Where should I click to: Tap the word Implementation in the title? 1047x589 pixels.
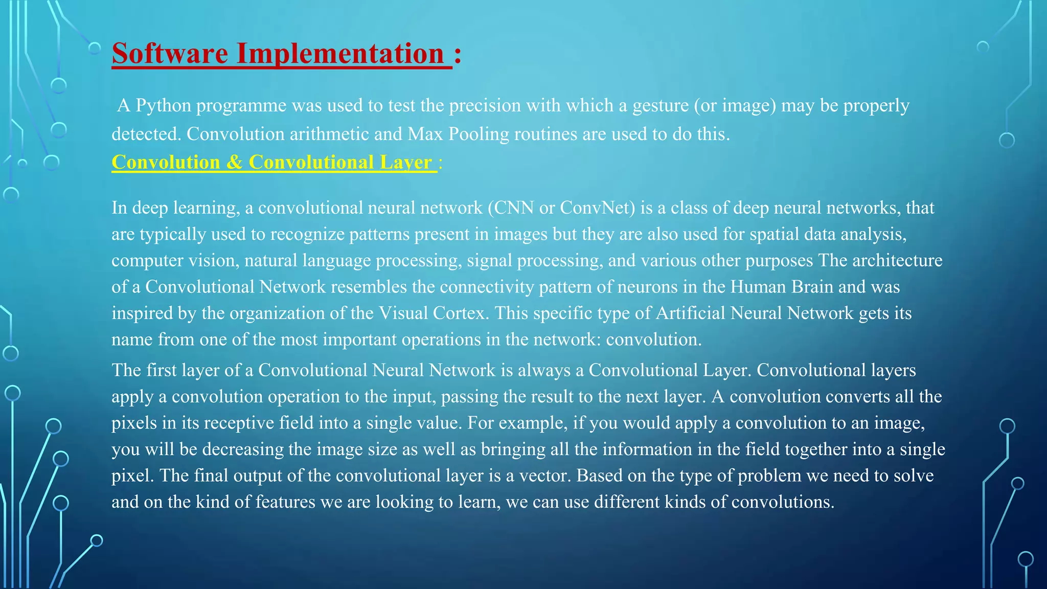click(340, 53)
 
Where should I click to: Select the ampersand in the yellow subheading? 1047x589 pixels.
click(234, 162)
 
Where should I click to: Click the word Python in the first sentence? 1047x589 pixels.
click(163, 105)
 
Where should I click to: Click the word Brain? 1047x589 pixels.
click(812, 287)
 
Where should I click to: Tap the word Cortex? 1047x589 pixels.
click(459, 313)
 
